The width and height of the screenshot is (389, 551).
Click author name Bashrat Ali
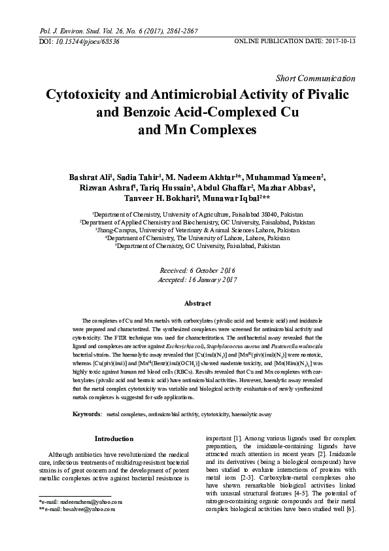pos(91,177)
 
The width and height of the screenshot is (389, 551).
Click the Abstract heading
pos(197,304)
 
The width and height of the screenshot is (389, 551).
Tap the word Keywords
pos(86,415)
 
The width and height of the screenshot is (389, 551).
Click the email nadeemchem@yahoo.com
pos(85,501)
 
